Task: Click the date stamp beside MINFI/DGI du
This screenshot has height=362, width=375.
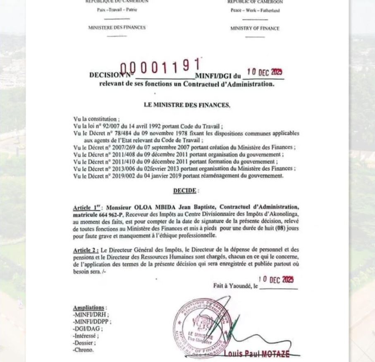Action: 265,72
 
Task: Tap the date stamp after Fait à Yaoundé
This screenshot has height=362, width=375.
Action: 276,280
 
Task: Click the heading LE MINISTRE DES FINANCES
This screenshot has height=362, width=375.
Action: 187,105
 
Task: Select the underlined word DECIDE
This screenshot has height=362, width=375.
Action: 185,191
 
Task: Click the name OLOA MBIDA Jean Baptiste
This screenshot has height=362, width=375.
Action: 174,207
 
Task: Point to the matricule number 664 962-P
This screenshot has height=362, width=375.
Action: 111,214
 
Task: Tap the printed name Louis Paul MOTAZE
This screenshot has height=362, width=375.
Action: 256,354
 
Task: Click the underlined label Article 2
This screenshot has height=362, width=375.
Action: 86,250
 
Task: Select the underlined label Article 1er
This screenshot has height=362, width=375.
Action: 88,207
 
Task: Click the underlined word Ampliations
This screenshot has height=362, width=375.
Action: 88,308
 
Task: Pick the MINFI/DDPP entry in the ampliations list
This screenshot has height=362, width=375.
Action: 92,321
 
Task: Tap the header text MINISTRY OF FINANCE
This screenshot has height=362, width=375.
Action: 255,29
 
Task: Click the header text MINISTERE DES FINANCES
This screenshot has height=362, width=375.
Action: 117,28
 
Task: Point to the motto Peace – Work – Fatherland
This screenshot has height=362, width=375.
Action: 255,10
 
